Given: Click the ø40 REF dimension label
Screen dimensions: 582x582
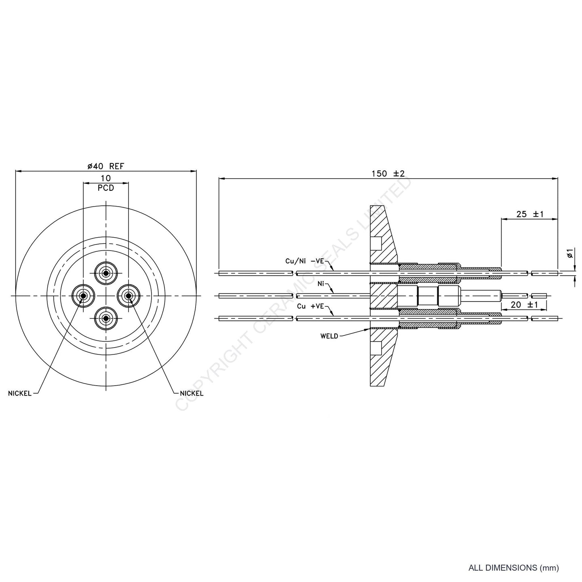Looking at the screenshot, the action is pyautogui.click(x=106, y=166).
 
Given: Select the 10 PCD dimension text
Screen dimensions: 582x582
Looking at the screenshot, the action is pyautogui.click(x=106, y=183).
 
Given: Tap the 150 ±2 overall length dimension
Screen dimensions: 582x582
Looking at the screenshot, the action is pyautogui.click(x=388, y=174).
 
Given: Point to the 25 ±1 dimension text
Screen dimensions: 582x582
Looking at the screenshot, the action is pyautogui.click(x=530, y=214).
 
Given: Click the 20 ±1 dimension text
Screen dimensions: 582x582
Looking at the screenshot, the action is pyautogui.click(x=524, y=305).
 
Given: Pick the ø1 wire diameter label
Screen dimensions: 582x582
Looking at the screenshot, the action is pyautogui.click(x=570, y=253).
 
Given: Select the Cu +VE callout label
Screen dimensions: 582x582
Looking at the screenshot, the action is pyautogui.click(x=310, y=306).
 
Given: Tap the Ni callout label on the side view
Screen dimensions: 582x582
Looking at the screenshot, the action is pyautogui.click(x=321, y=284).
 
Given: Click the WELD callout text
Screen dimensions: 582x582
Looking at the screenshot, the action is pyautogui.click(x=329, y=336).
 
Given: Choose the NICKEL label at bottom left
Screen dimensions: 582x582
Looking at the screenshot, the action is pyautogui.click(x=20, y=394).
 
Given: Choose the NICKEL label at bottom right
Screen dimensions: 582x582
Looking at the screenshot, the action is pyautogui.click(x=192, y=393).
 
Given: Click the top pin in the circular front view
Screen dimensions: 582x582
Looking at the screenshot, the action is pyautogui.click(x=106, y=274).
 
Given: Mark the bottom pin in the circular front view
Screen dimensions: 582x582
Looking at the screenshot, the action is pyautogui.click(x=106, y=318).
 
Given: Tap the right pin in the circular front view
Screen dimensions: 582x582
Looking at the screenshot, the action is pyautogui.click(x=129, y=296).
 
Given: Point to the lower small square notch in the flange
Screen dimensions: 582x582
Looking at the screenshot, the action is pyautogui.click(x=376, y=348).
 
